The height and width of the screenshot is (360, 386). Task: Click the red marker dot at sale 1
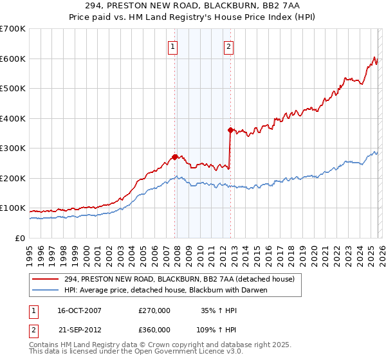tap(174, 157)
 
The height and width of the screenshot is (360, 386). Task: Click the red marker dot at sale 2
tap(230, 130)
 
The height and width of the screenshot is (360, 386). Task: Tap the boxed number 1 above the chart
tap(174, 46)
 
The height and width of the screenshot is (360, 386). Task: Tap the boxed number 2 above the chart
tap(229, 46)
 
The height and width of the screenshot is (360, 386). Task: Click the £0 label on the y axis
tap(21, 239)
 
